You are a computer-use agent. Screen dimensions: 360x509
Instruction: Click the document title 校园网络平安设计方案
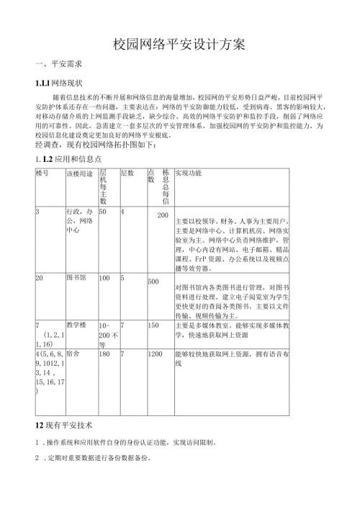[180, 44]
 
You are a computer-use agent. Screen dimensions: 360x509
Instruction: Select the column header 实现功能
[189, 174]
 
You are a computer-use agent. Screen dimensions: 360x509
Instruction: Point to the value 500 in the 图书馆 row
[153, 281]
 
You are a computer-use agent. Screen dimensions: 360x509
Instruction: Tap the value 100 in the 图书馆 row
[106, 276]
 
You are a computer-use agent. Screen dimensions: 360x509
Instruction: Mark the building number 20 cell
[40, 276]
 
